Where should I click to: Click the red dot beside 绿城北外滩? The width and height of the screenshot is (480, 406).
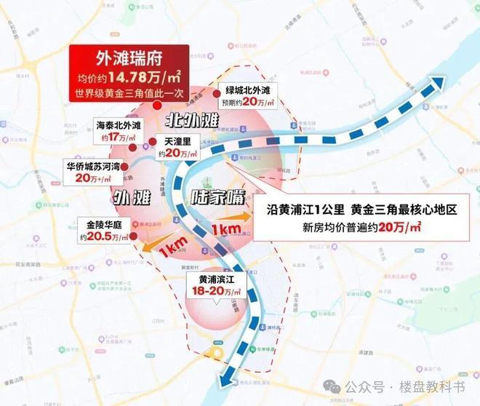[x=216, y=94]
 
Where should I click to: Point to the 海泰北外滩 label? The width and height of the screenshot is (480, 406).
[x=120, y=125]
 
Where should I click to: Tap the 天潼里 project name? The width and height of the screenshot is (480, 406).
[x=177, y=140]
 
